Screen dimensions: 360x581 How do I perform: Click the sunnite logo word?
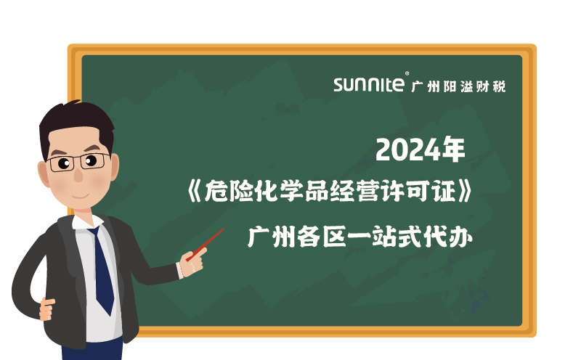point(369,85)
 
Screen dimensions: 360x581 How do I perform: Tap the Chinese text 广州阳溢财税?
point(458,86)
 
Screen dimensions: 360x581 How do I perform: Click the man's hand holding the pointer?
point(193,261)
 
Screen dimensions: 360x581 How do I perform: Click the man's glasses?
point(80,161)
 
